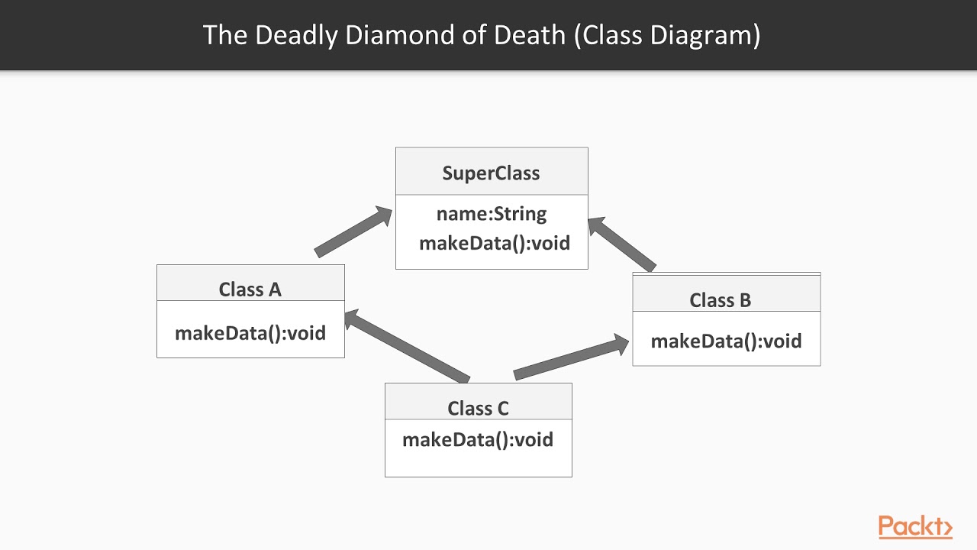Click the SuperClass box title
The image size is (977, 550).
pos(491,173)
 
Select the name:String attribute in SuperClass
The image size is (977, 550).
pos(491,214)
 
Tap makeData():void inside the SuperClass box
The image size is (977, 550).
pos(495,243)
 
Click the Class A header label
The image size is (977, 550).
pos(250,290)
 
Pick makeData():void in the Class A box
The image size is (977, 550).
pos(250,333)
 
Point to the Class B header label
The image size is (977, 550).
pos(720,300)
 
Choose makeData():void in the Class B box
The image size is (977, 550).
pos(726,341)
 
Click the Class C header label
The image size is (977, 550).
pos(478,409)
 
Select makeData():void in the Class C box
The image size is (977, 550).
pos(478,440)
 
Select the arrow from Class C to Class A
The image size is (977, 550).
pos(407,348)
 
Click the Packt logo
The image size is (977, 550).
pos(915,527)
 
